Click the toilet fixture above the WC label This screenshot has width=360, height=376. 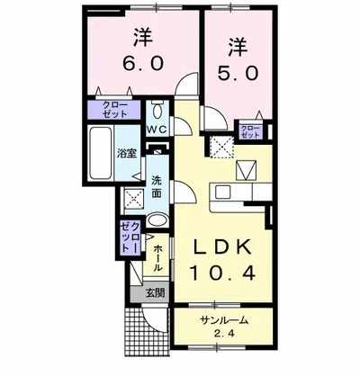pos(157,112)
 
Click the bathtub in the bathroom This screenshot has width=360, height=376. pos(99,155)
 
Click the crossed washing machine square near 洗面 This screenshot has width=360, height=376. pos(133,199)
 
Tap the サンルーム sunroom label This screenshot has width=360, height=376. pos(223,320)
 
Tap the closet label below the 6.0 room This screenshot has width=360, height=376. pos(114,113)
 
